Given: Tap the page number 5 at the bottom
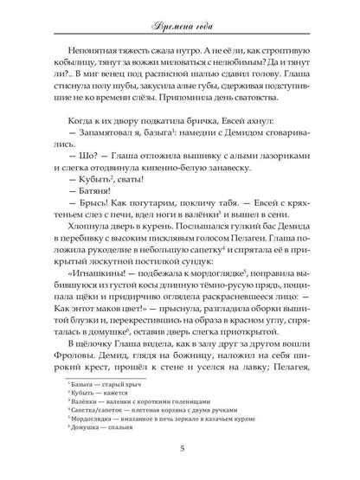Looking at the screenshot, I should [180, 448].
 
